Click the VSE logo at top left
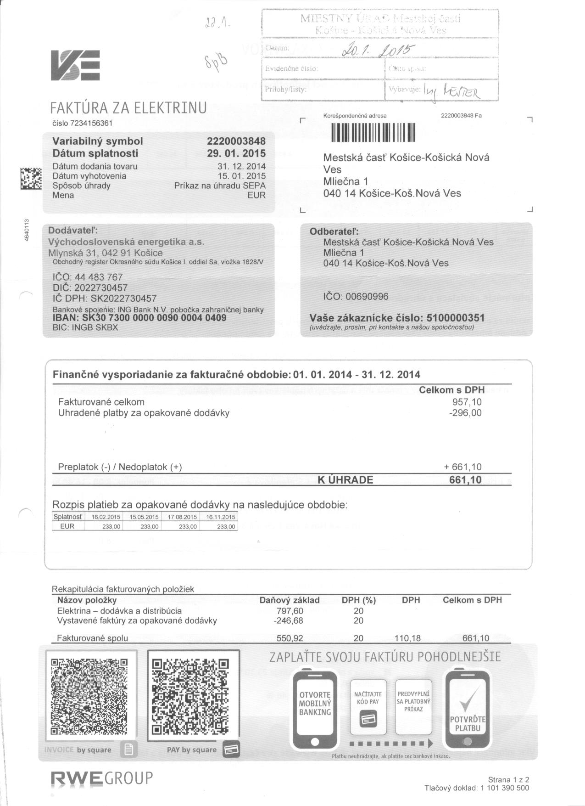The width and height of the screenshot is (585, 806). click(75, 66)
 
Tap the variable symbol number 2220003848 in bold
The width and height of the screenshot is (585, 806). click(236, 141)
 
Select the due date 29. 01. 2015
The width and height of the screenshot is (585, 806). click(236, 153)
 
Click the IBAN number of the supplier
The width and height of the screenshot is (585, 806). click(139, 318)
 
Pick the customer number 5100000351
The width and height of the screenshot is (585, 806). click(455, 318)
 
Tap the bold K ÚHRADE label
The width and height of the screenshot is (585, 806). click(345, 480)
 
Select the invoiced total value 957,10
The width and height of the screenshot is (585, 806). click(467, 402)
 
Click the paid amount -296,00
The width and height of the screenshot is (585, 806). click(466, 413)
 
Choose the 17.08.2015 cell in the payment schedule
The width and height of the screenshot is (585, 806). click(182, 517)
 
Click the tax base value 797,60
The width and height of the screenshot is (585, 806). click(290, 611)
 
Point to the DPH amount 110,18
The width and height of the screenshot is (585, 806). click(407, 638)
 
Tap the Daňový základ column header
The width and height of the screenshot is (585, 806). click(290, 600)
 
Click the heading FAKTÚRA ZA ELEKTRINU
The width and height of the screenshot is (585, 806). click(128, 108)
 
